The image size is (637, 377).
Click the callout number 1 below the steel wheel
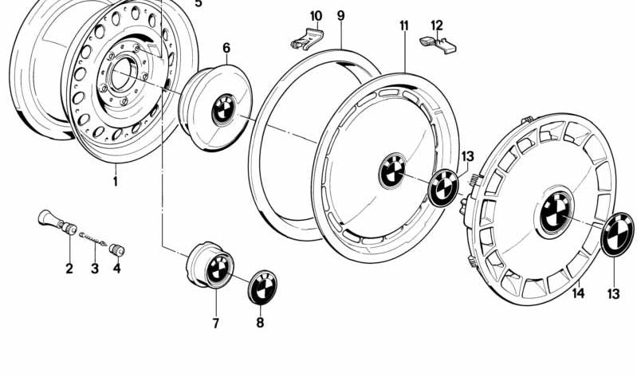pyautogui.click(x=116, y=181)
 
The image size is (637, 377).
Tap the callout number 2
pyautogui.click(x=69, y=269)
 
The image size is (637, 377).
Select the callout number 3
pyautogui.click(x=95, y=269)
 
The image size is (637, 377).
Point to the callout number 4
pyautogui.click(x=117, y=268)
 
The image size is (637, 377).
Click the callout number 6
pyautogui.click(x=226, y=48)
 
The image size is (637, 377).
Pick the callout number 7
pyautogui.click(x=216, y=324)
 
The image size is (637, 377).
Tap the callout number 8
pyautogui.click(x=260, y=323)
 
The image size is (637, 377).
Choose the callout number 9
pyautogui.click(x=341, y=16)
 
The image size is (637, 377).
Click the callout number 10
pyautogui.click(x=316, y=16)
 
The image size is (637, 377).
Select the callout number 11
pyautogui.click(x=404, y=26)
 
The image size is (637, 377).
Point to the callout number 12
pyautogui.click(x=437, y=26)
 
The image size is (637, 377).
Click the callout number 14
pyautogui.click(x=578, y=293)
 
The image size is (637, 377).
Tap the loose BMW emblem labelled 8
pyautogui.click(x=262, y=287)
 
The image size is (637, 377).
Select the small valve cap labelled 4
pyautogui.click(x=117, y=249)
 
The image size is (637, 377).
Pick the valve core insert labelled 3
pyautogui.click(x=93, y=239)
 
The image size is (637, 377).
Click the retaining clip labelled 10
pyautogui.click(x=307, y=39)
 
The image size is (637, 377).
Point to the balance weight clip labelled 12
pyautogui.click(x=438, y=45)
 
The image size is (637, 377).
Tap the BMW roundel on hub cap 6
pyautogui.click(x=224, y=110)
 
